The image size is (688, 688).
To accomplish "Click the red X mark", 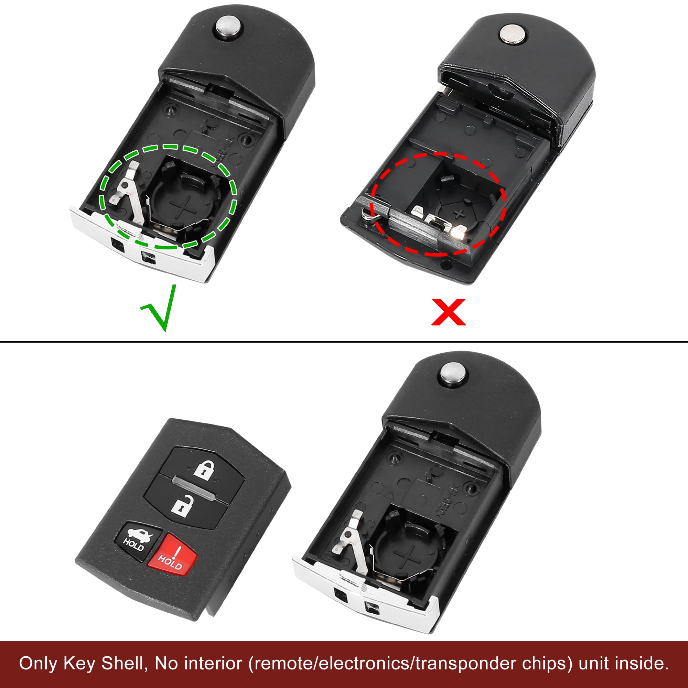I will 448,312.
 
